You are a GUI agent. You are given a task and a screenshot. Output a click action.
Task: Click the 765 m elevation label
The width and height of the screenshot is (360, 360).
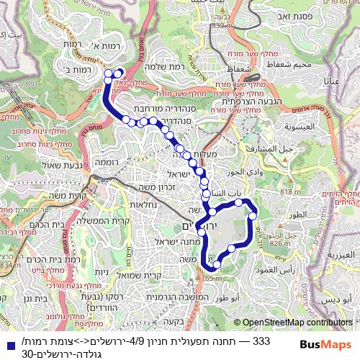211,278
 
